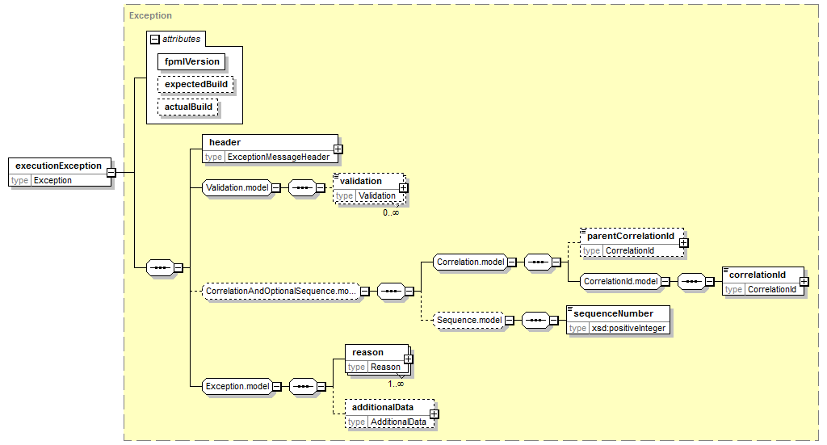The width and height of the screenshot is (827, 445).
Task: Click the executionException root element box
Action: pos(60,172)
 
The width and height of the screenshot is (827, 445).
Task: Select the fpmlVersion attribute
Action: pos(191,61)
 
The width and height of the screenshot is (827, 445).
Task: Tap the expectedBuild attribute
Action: pos(195,84)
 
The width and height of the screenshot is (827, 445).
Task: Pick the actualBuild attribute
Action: pos(187,107)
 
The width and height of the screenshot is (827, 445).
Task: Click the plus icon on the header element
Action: pos(338,149)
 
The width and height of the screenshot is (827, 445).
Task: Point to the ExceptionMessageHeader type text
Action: pos(279,157)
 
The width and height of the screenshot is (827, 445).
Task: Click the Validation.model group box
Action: pos(237,187)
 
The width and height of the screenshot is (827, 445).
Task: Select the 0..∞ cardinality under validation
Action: pos(391,212)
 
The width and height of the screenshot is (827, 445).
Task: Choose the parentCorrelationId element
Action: pos(632,242)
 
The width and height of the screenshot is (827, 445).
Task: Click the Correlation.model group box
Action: pos(471,262)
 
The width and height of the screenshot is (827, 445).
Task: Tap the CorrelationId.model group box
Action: pos(621,282)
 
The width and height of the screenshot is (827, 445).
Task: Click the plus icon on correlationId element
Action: pos(804,282)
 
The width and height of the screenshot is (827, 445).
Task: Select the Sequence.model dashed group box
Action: pos(469,320)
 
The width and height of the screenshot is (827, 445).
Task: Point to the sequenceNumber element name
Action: pos(614,313)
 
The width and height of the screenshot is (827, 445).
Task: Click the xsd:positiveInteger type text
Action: pos(628,328)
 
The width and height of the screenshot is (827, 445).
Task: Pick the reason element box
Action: pos(377,359)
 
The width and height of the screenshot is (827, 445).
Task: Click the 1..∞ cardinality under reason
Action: pos(396,384)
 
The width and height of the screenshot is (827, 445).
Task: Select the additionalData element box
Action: pos(390,414)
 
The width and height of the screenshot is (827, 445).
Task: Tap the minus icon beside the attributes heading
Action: pos(154,39)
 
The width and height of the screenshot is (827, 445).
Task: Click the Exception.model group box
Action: pos(237,387)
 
